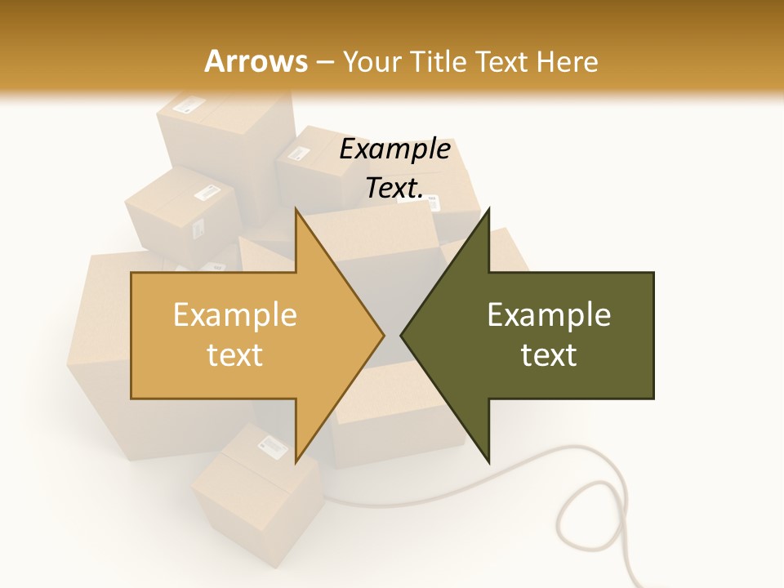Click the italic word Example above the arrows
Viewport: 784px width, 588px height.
pyautogui.click(x=394, y=149)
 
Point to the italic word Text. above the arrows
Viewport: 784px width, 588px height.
pyautogui.click(x=394, y=188)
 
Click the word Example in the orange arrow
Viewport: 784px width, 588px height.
pyautogui.click(x=235, y=315)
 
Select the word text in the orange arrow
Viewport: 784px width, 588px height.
pyautogui.click(x=235, y=355)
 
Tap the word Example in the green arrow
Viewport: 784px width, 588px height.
pyautogui.click(x=549, y=315)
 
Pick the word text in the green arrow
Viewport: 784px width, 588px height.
pyautogui.click(x=549, y=355)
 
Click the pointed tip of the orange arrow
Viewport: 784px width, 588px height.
pyautogui.click(x=383, y=336)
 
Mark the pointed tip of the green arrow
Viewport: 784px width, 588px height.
pyautogui.click(x=402, y=336)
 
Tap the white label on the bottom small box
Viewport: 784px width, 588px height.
pyautogui.click(x=272, y=446)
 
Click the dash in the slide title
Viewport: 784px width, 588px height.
pyautogui.click(x=324, y=62)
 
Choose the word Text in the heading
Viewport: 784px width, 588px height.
pyautogui.click(x=501, y=62)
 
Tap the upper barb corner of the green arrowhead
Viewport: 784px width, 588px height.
pyautogui.click(x=488, y=209)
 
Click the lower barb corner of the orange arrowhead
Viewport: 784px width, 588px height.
pyautogui.click(x=296, y=462)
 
